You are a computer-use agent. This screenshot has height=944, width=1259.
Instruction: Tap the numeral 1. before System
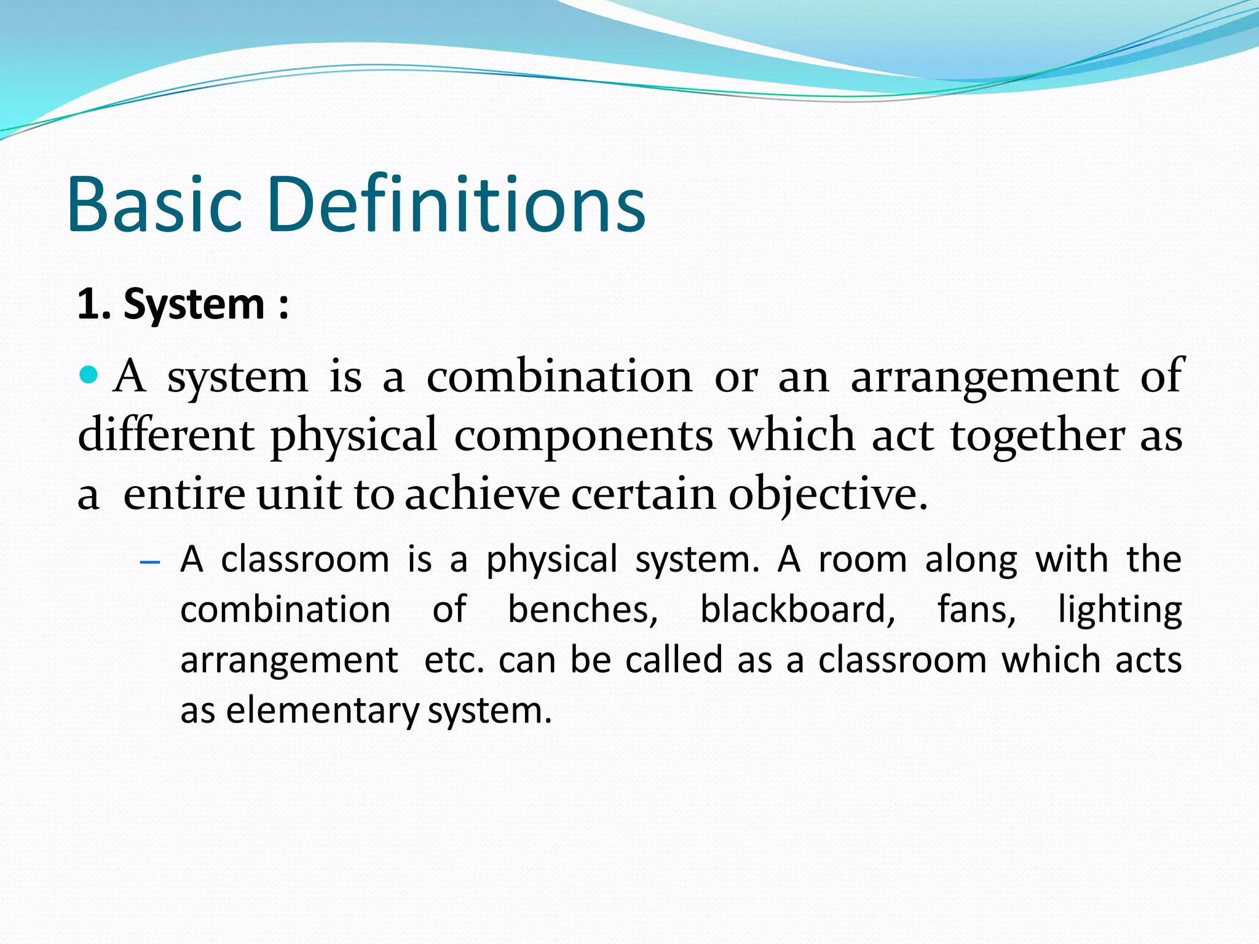tap(94, 304)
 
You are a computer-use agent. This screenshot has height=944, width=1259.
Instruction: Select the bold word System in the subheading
tap(194, 305)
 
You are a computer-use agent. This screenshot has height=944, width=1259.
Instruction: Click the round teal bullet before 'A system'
tap(89, 374)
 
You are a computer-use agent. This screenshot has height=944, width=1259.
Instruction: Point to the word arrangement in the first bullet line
tap(984, 378)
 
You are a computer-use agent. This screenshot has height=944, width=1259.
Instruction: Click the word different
tap(166, 435)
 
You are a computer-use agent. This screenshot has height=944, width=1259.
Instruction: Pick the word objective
tap(827, 495)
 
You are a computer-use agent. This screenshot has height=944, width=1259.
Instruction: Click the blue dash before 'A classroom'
tap(150, 562)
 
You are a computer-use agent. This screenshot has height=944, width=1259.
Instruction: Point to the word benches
tap(582, 610)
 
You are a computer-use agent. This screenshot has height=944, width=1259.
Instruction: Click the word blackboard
tap(797, 610)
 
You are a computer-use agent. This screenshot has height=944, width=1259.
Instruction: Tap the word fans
tap(976, 610)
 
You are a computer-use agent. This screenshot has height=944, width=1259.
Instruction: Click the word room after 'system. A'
tap(862, 560)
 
